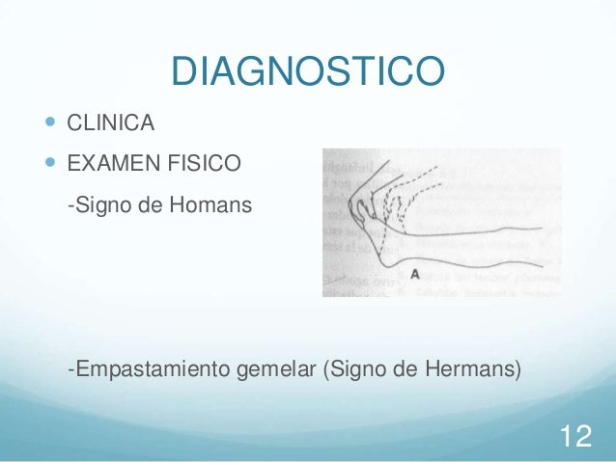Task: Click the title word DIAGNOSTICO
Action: click(307, 70)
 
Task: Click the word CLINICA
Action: click(111, 123)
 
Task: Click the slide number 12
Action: click(575, 436)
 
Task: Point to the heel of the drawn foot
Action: click(385, 258)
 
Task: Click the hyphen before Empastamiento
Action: click(70, 369)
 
